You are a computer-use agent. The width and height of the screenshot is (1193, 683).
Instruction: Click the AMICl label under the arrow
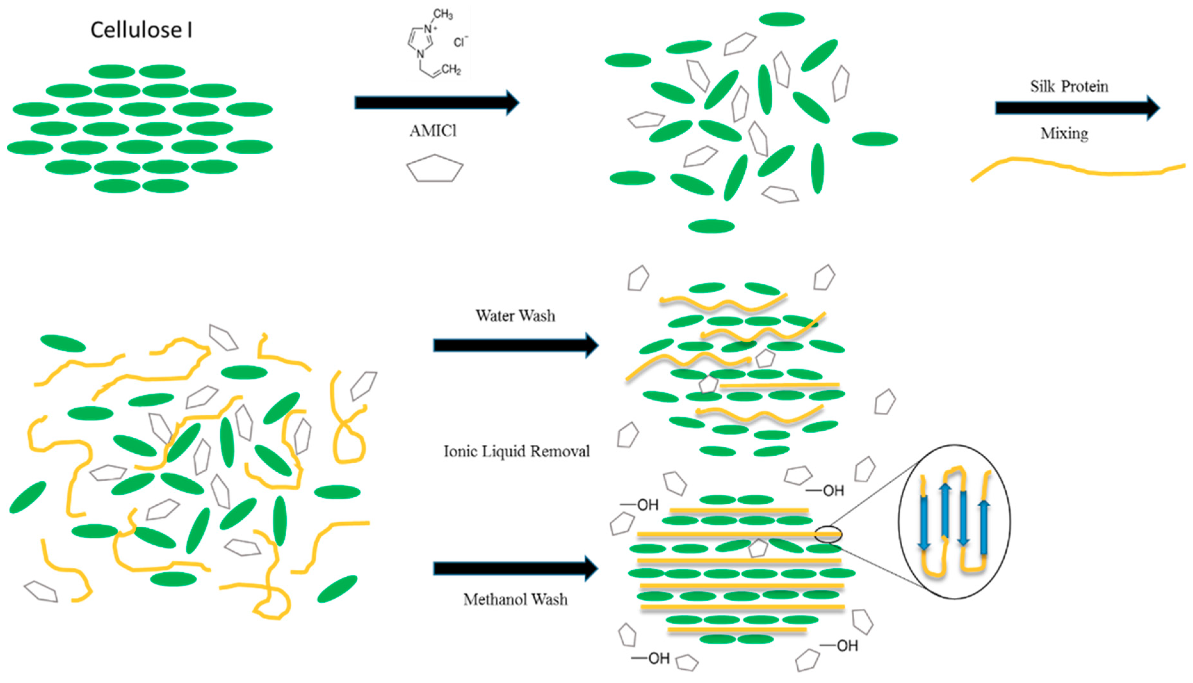pyautogui.click(x=433, y=131)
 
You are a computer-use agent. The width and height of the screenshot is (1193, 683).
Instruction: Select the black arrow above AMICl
pyautogui.click(x=436, y=102)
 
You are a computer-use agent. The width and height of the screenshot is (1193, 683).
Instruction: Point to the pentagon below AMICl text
pyautogui.click(x=435, y=168)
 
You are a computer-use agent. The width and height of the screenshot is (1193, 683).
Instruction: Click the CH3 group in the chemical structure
pyautogui.click(x=443, y=14)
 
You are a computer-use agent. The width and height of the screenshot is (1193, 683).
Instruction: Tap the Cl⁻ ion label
pyautogui.click(x=460, y=42)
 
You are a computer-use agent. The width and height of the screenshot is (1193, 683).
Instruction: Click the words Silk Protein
pyautogui.click(x=1069, y=86)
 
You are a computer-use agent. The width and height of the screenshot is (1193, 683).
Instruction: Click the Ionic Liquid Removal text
pyautogui.click(x=516, y=451)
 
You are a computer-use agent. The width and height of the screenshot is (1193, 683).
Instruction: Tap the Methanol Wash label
pyautogui.click(x=515, y=599)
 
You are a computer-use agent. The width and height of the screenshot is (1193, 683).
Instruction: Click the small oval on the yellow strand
pyautogui.click(x=828, y=534)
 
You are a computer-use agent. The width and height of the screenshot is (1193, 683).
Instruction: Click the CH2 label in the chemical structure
pyautogui.click(x=451, y=70)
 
